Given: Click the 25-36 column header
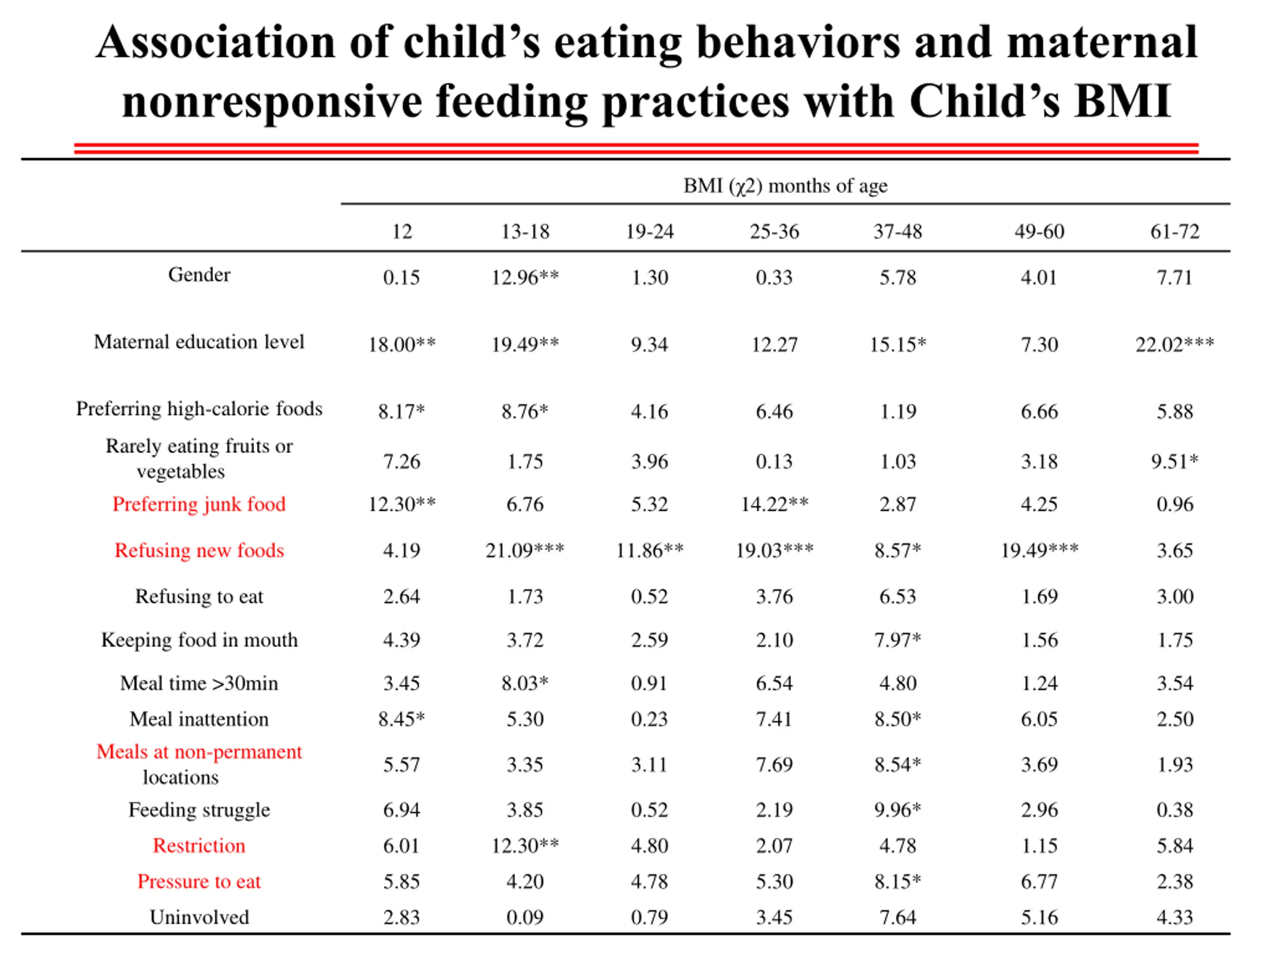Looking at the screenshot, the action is [774, 231].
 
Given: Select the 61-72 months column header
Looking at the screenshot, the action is [1175, 231].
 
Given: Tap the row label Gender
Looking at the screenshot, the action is [199, 275].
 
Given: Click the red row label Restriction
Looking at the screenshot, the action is [199, 846].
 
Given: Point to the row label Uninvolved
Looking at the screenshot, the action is [199, 917].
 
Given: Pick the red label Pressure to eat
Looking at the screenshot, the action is [199, 881].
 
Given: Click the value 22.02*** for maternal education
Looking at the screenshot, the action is [1175, 344].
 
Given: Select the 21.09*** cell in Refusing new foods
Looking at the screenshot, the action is [525, 550].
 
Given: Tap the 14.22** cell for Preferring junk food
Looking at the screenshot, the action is [774, 504].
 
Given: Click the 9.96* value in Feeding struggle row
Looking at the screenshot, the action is [897, 810].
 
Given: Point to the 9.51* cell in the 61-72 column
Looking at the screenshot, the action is [1175, 462].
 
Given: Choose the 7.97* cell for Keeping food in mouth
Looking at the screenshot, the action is [897, 640].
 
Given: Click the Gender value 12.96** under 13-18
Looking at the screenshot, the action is [525, 278].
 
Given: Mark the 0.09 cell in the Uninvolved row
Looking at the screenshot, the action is [525, 917].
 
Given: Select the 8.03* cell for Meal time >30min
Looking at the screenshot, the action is [525, 683].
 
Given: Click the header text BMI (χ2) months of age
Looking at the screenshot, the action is [785, 186].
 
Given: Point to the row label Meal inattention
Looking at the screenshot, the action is [199, 719].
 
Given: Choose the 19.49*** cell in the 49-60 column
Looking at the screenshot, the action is [1039, 550].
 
